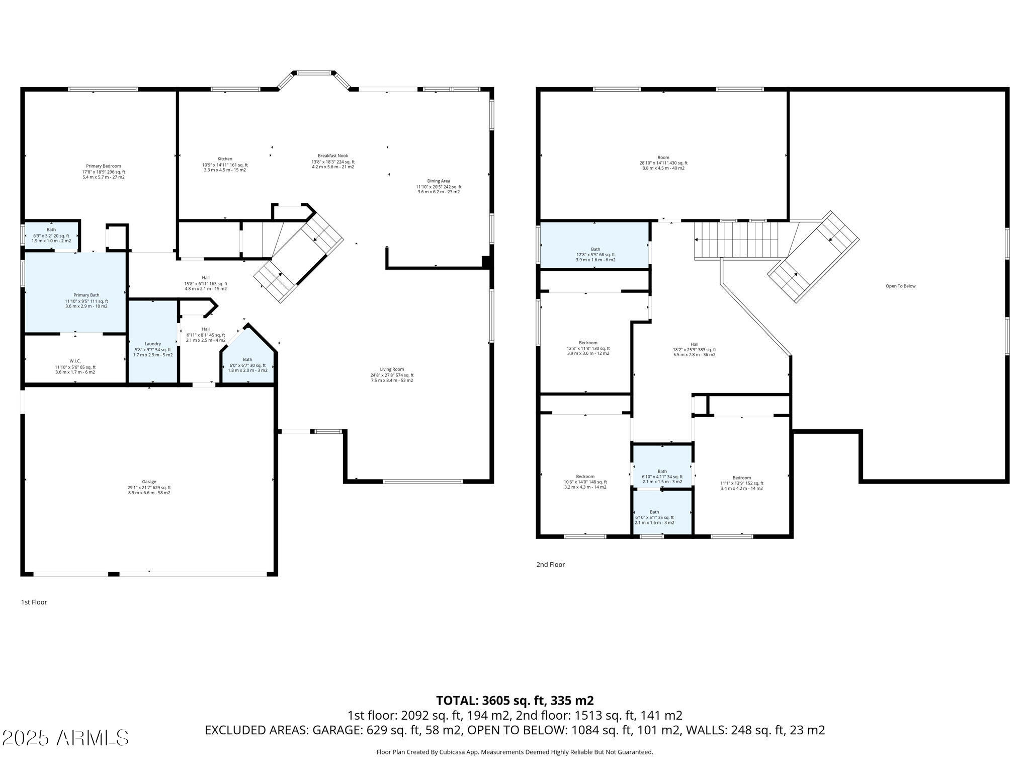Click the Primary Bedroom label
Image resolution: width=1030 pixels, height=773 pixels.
pos(104,166)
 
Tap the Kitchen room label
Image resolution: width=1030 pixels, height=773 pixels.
pos(225,159)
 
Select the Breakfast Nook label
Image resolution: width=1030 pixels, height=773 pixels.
pos(333,156)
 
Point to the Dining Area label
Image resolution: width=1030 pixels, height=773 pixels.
pos(439,181)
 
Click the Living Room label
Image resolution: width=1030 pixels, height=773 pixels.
pos(392,369)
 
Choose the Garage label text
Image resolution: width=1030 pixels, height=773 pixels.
pos(149,482)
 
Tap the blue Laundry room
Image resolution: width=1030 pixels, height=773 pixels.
pos(153,342)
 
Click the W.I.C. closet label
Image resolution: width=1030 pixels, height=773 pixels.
pos(75,361)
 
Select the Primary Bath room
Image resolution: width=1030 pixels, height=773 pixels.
pos(75,292)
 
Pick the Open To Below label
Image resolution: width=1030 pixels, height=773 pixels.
pos(901,286)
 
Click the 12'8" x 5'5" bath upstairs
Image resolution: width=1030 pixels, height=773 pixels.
pos(594,245)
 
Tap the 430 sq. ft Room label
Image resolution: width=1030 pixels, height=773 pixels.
pos(663,158)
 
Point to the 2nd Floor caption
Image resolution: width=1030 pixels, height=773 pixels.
pos(551,565)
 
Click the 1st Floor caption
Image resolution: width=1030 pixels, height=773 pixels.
pos(34,602)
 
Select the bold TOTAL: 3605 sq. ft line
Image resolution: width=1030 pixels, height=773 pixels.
pos(515,701)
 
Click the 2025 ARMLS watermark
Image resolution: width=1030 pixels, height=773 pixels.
pos(65,738)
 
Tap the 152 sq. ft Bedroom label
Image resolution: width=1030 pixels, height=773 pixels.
pos(742,478)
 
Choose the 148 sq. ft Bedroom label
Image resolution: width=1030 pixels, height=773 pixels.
pos(585,477)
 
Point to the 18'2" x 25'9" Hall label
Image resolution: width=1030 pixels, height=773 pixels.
pos(695,345)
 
